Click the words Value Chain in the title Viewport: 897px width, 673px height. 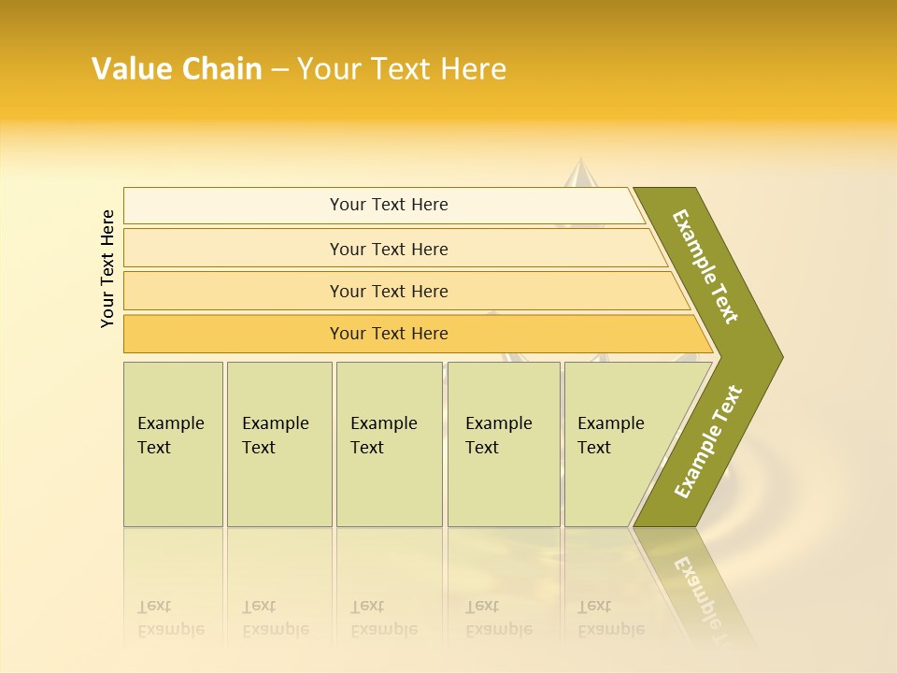pyautogui.click(x=177, y=69)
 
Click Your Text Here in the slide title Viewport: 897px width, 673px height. pyautogui.click(x=401, y=69)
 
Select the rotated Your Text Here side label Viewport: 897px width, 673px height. pyautogui.click(x=108, y=268)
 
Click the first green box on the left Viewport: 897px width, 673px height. pyautogui.click(x=173, y=444)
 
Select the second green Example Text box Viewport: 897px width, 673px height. pyautogui.click(x=279, y=444)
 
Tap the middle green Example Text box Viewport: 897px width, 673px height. pyautogui.click(x=389, y=444)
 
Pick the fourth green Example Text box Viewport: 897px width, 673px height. pyautogui.click(x=504, y=444)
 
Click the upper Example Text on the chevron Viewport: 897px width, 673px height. pyautogui.click(x=705, y=266)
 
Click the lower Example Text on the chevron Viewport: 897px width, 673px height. pyautogui.click(x=708, y=442)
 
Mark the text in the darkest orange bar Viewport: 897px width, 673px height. pyautogui.click(x=389, y=334)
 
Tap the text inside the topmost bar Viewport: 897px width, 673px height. pyautogui.click(x=389, y=205)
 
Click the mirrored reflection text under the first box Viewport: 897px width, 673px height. pyautogui.click(x=171, y=618)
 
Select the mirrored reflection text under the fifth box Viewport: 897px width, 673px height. pyautogui.click(x=611, y=618)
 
